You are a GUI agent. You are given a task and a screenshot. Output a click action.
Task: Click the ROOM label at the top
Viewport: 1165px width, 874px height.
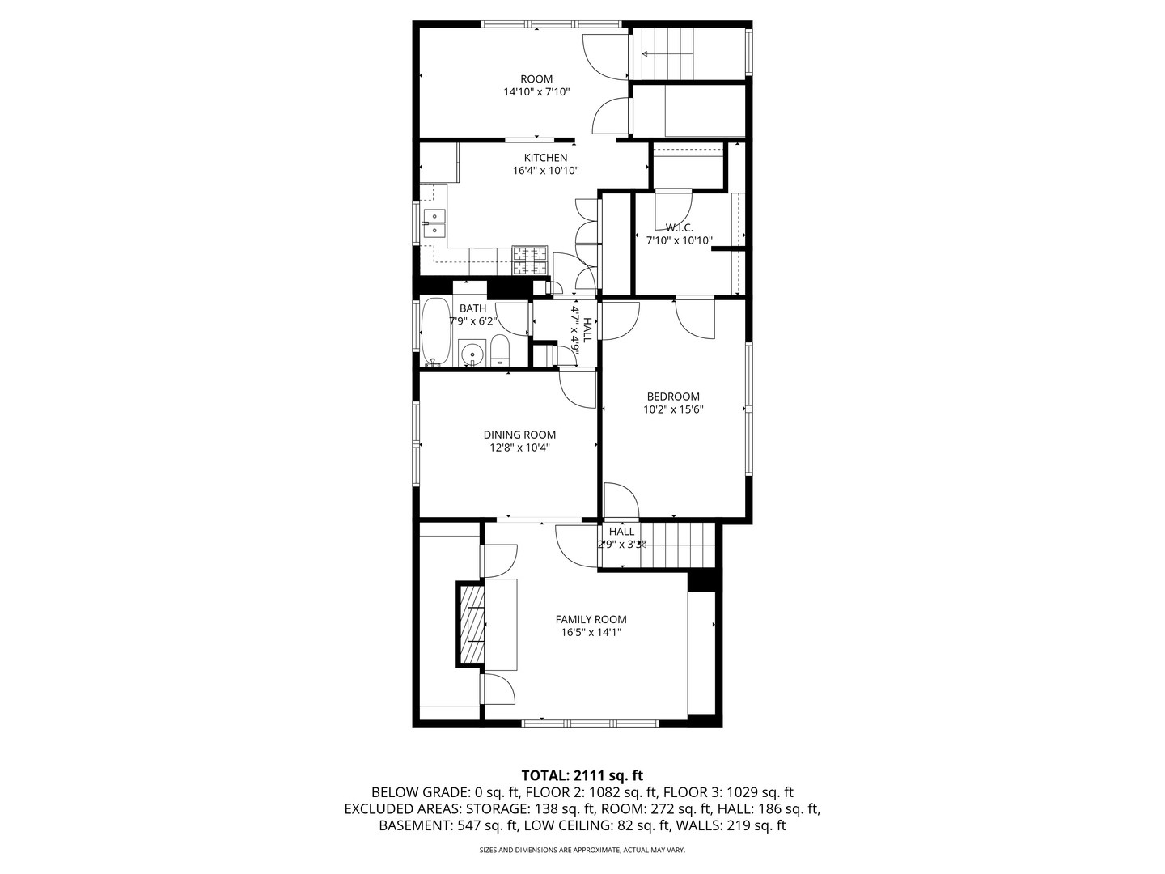536,78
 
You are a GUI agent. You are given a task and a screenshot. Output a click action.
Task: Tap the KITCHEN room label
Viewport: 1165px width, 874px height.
545,157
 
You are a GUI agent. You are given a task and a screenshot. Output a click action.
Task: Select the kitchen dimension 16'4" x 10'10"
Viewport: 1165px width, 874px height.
545,171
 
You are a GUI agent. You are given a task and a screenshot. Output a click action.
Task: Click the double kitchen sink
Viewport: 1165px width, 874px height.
434,223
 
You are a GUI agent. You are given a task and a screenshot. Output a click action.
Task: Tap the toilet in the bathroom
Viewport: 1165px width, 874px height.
499,350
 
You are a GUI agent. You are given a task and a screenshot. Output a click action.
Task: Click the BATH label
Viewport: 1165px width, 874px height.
472,308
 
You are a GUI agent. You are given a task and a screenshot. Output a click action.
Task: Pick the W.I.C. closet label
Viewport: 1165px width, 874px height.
679,227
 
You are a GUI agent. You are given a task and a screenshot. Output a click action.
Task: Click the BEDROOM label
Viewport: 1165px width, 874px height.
673,397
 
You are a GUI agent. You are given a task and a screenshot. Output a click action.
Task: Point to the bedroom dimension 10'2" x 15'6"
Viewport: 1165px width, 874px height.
673,409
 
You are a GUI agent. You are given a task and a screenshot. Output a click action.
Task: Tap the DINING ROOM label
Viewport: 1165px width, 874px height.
519,435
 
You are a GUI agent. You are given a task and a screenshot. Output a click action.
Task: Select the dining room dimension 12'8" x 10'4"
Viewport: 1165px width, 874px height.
519,448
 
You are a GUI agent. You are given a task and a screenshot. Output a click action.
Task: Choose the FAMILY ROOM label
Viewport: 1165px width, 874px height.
591,619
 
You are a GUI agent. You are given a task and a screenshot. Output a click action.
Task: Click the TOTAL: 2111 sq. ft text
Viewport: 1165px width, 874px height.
582,775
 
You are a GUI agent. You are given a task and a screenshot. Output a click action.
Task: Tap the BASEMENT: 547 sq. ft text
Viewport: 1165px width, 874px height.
447,825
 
